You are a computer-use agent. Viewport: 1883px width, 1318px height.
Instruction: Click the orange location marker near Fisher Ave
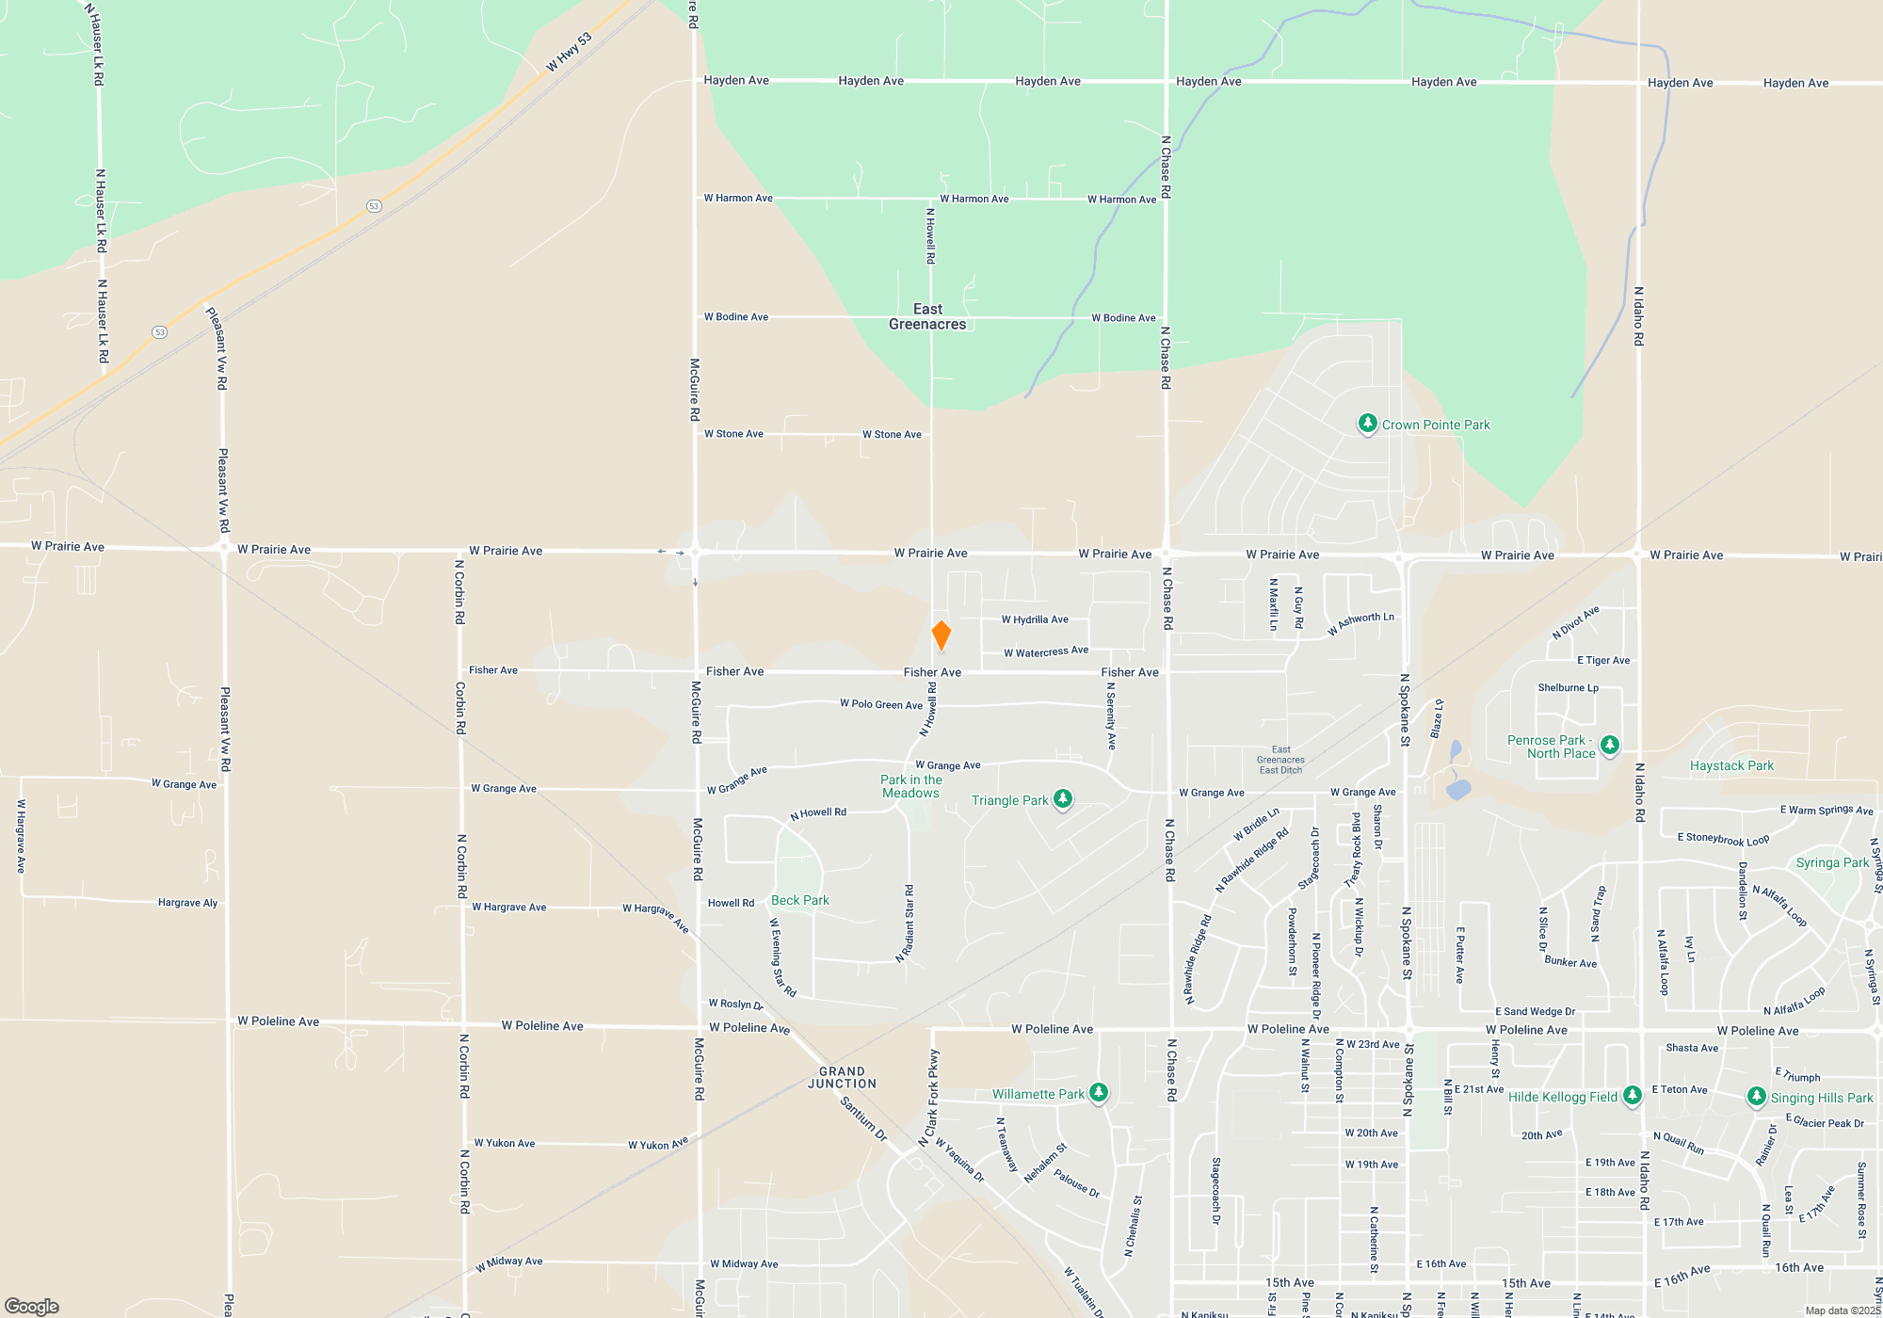pyautogui.click(x=941, y=635)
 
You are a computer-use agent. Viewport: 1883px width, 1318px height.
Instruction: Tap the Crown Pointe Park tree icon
pyautogui.click(x=1367, y=424)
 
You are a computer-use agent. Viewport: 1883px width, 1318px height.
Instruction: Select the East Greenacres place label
pyautogui.click(x=927, y=316)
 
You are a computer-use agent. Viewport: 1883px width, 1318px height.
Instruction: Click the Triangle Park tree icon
pyautogui.click(x=1063, y=799)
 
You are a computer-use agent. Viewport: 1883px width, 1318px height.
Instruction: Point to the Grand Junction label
pyautogui.click(x=842, y=1078)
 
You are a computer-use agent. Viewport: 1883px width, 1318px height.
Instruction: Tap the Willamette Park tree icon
pyautogui.click(x=1099, y=1093)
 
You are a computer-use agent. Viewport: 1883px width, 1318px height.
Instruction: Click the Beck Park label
pyautogui.click(x=800, y=901)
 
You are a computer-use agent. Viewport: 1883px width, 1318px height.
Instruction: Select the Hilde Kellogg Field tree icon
pyautogui.click(x=1633, y=1096)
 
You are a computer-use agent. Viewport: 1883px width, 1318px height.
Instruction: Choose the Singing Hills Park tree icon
pyautogui.click(x=1756, y=1097)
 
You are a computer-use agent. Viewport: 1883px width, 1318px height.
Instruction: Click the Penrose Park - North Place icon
pyautogui.click(x=1610, y=746)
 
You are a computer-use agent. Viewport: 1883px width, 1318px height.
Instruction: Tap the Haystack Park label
pyautogui.click(x=1731, y=766)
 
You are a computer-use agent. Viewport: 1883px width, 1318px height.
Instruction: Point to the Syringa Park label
pyautogui.click(x=1832, y=863)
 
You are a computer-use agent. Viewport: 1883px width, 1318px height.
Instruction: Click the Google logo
pyautogui.click(x=32, y=1307)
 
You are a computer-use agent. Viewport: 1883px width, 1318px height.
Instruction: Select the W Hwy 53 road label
pyautogui.click(x=570, y=53)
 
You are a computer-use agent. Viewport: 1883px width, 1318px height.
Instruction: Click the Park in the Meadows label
pyautogui.click(x=910, y=786)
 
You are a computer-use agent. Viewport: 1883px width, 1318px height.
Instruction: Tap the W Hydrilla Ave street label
pyautogui.click(x=1035, y=619)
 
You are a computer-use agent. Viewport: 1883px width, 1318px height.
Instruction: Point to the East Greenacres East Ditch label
pyautogui.click(x=1280, y=760)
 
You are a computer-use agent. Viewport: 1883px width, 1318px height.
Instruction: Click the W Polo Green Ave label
pyautogui.click(x=881, y=704)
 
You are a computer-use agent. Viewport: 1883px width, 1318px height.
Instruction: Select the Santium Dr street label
pyautogui.click(x=863, y=1118)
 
